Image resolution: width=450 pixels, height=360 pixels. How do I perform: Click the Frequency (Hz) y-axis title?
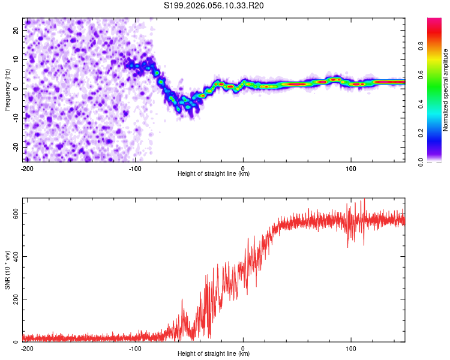8,90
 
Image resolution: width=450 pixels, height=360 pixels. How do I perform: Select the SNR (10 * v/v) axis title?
8,269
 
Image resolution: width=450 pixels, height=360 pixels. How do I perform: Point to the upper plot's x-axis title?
214,173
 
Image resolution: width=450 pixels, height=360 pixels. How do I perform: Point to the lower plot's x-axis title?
214,353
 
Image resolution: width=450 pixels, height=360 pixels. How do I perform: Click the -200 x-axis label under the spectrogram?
26,168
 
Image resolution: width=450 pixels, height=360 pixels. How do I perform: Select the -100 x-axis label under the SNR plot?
134,348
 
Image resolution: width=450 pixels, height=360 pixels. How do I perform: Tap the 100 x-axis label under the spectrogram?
351,168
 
